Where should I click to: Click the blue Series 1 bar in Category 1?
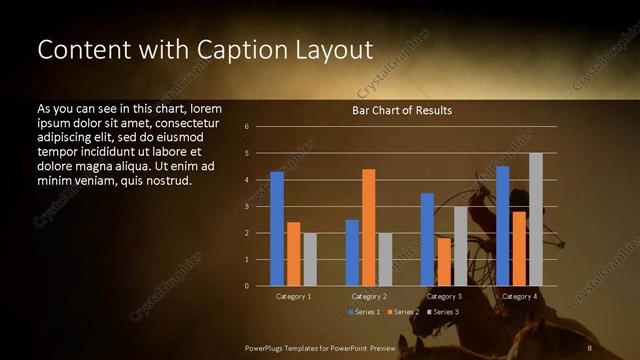(277, 229)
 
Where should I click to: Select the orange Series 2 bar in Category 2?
(368, 228)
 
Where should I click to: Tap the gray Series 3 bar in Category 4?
(536, 220)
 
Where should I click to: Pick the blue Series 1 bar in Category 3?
(427, 240)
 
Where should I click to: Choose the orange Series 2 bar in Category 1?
(293, 254)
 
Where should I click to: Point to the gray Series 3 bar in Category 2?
(385, 259)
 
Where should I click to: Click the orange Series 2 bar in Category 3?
(443, 262)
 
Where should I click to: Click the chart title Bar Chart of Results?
(402, 110)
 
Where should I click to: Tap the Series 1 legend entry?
(364, 312)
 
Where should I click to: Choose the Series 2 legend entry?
(403, 312)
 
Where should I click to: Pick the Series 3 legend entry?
(442, 312)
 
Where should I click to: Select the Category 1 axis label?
(294, 297)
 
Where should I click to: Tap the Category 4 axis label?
(519, 297)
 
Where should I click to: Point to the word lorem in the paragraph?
(204, 108)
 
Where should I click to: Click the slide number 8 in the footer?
(591, 347)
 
